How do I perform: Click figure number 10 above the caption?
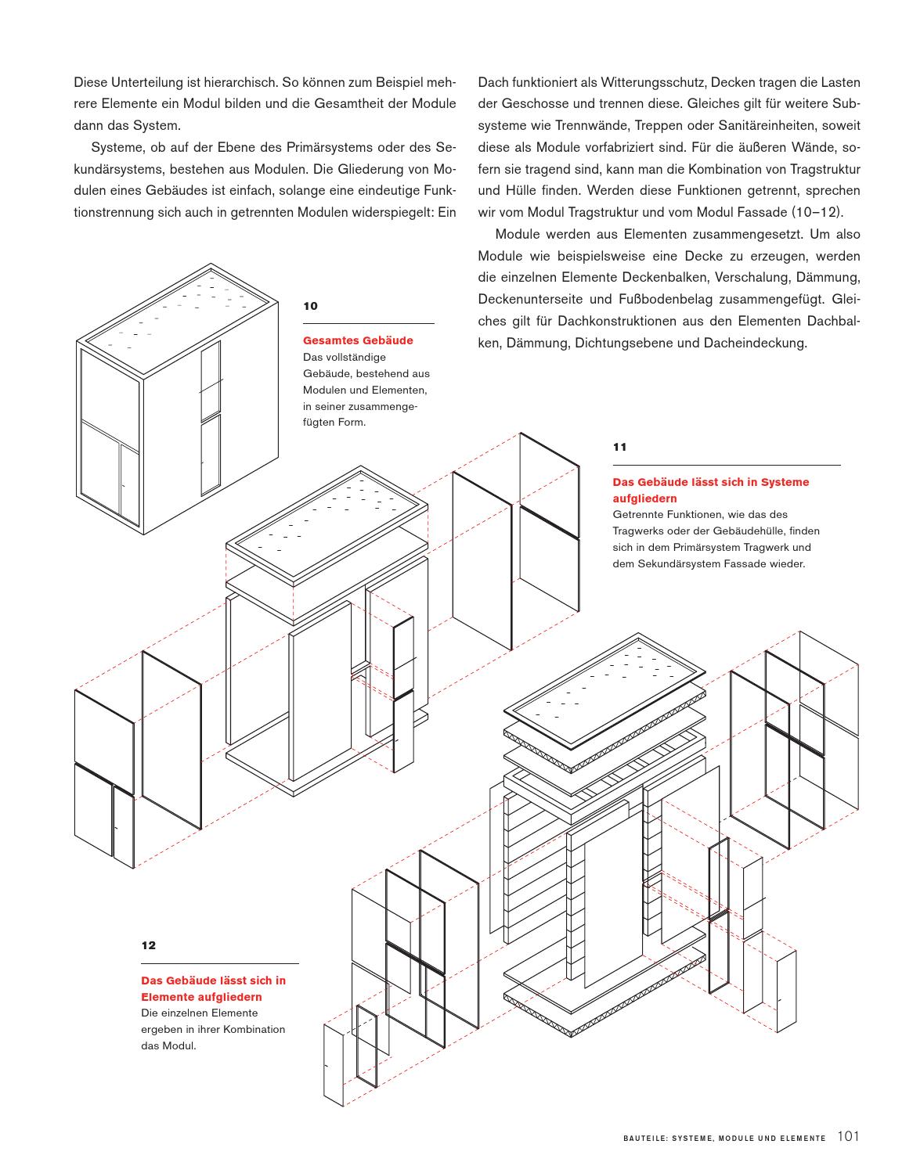[x=310, y=306]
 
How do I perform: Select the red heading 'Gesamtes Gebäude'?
[x=358, y=340]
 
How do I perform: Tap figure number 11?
[x=619, y=448]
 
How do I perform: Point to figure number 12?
[x=148, y=945]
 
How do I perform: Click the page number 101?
[x=849, y=1137]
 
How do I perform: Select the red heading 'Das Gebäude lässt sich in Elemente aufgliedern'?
[x=213, y=988]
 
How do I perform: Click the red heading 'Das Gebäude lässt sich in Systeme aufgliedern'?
[x=710, y=491]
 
